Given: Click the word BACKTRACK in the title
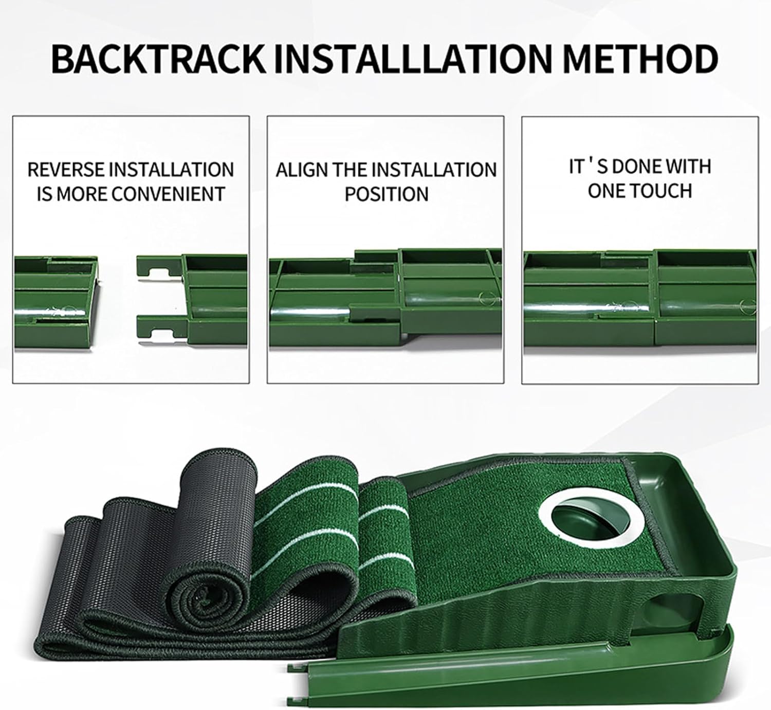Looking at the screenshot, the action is pyautogui.click(x=158, y=59).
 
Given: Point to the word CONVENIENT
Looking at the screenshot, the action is pyautogui.click(x=169, y=193).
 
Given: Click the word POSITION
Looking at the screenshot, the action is pyautogui.click(x=386, y=194).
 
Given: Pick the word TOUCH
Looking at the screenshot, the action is pyautogui.click(x=661, y=191).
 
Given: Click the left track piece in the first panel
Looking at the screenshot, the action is pyautogui.click(x=56, y=303).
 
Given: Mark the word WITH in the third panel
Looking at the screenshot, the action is pyautogui.click(x=688, y=167).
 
